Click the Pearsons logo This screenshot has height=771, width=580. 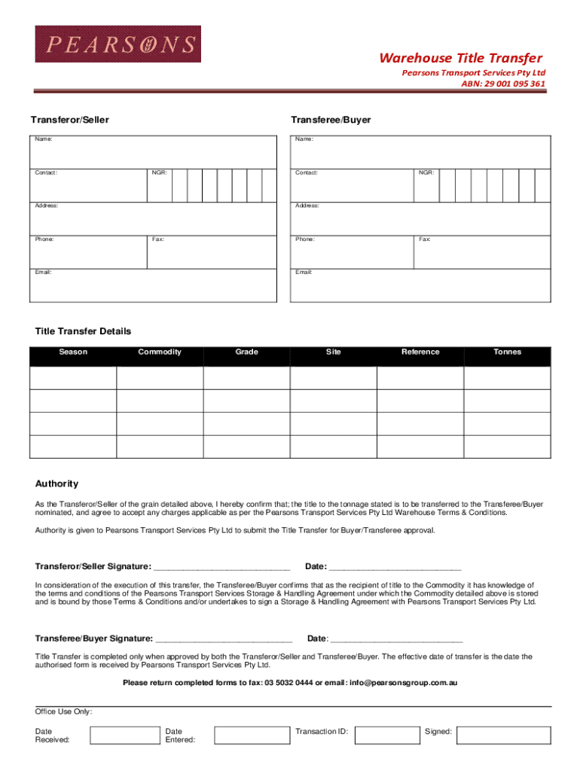(118, 44)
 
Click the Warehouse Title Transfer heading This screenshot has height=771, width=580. (460, 59)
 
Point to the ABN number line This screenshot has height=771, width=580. (503, 84)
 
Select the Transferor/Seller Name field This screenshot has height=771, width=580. (153, 152)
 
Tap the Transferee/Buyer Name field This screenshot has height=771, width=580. (420, 152)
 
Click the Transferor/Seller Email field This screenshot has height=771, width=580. (153, 286)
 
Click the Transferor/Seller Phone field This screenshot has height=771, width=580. (88, 252)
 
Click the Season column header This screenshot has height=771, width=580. (73, 352)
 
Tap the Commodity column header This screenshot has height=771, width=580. (160, 352)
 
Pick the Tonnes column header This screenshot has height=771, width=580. (507, 352)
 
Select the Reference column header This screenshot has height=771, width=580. (420, 352)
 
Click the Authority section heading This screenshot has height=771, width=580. (56, 484)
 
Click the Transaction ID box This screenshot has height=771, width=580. (386, 735)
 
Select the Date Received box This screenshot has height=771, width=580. (124, 735)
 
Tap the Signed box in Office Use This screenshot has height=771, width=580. (508, 735)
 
